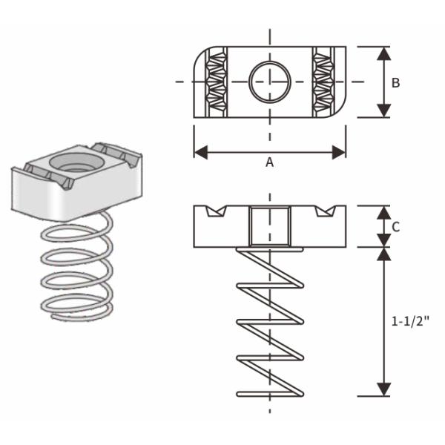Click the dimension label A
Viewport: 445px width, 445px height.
(269, 163)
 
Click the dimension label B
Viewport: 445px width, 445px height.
(395, 82)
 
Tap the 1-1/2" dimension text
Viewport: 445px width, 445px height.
(409, 322)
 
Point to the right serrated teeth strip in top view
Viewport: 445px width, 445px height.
(323, 82)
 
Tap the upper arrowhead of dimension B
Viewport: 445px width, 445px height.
(383, 53)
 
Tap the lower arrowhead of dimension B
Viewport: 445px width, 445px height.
(383, 111)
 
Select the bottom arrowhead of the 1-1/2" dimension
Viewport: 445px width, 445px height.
(383, 389)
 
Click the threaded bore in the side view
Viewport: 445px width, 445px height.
(269, 226)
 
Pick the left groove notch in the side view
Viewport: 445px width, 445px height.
(214, 211)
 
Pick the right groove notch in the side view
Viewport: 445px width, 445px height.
(323, 211)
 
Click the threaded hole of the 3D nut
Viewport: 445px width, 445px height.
(73, 162)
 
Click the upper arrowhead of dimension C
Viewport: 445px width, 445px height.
(383, 212)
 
